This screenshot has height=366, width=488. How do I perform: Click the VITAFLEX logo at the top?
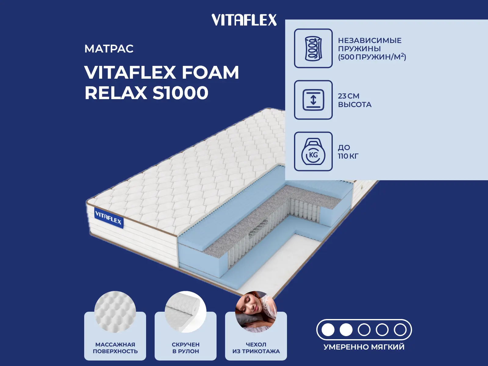tap(244, 20)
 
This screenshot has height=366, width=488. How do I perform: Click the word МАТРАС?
tap(109, 49)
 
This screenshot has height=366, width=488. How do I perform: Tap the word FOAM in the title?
tap(210, 73)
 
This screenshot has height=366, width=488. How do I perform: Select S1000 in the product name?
tap(180, 93)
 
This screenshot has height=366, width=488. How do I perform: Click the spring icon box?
tap(313, 48)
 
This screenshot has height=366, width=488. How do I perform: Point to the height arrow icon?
tap(313, 100)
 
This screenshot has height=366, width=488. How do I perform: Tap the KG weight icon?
tap(313, 152)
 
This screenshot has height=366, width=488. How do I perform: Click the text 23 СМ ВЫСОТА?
tap(354, 100)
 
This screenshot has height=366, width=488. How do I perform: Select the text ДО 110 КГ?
tap(348, 152)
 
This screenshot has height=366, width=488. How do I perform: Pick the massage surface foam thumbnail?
tap(115, 311)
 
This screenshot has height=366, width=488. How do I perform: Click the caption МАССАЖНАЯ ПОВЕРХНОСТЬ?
tap(115, 348)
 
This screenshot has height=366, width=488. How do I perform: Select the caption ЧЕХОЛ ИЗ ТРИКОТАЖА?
tap(256, 348)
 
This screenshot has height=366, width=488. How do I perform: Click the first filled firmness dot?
tap(328, 330)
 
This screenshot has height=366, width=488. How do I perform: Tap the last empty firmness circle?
tap(400, 330)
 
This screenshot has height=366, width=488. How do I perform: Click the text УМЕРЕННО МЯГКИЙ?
tap(364, 347)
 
